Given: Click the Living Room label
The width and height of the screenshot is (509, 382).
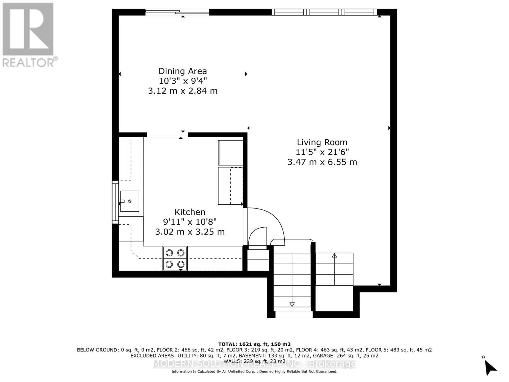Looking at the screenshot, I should tap(322, 142).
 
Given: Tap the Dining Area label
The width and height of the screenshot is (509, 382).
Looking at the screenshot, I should tap(183, 71).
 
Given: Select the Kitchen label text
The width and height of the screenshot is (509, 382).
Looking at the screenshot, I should tap(190, 212).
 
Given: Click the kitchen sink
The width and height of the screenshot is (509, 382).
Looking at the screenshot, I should tap(129, 201).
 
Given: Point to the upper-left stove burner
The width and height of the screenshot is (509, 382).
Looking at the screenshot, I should tap(169, 253).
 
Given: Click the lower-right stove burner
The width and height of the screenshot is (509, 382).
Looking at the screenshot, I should tap(181, 264).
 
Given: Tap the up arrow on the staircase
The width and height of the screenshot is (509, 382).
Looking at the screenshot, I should tap(334, 256).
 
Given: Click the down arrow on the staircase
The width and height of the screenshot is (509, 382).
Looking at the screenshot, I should tap(292, 304).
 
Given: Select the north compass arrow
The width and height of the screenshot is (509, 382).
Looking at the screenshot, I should tap(491, 368).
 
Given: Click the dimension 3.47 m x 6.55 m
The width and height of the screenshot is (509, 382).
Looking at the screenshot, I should tap(322, 162).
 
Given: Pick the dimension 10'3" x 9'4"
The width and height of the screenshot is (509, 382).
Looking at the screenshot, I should tap(183, 81).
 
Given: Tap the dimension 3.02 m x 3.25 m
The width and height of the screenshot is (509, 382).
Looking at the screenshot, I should tap(190, 232).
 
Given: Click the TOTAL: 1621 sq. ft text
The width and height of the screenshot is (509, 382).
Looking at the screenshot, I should tap(254, 344).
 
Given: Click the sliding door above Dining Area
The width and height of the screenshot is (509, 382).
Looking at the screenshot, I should tap(177, 12).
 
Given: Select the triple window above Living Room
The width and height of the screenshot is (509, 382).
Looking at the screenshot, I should tap(324, 12).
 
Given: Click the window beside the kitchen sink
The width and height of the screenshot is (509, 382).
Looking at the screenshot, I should tap(115, 201).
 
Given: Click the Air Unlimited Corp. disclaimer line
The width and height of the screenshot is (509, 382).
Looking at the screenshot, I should tap(254, 371).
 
